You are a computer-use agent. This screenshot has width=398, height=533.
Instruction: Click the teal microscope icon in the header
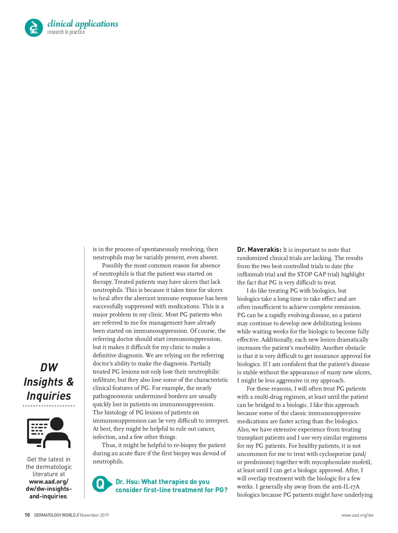pos(34,27)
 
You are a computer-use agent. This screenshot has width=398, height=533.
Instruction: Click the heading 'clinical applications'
pos(83,24)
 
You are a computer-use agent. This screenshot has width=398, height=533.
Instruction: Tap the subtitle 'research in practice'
pos(66,32)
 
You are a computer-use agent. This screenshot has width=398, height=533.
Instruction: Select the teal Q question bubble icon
pos(100,484)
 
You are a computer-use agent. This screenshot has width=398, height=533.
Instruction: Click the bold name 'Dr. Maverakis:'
pos(259,250)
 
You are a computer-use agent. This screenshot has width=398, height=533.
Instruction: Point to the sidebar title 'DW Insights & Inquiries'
pos(49,381)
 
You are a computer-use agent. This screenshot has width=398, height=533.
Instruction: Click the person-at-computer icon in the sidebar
pos(49,432)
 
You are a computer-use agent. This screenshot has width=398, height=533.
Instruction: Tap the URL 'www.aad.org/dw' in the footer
pos(357,515)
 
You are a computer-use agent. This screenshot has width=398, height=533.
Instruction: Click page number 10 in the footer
pos(27,515)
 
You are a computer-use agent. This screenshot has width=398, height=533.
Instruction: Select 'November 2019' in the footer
pos(94,515)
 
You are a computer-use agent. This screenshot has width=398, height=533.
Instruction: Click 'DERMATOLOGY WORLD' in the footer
pos(55,515)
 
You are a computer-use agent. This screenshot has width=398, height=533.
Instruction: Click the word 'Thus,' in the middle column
pos(109,445)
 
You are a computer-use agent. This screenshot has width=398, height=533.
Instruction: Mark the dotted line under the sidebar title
pos(49,406)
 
